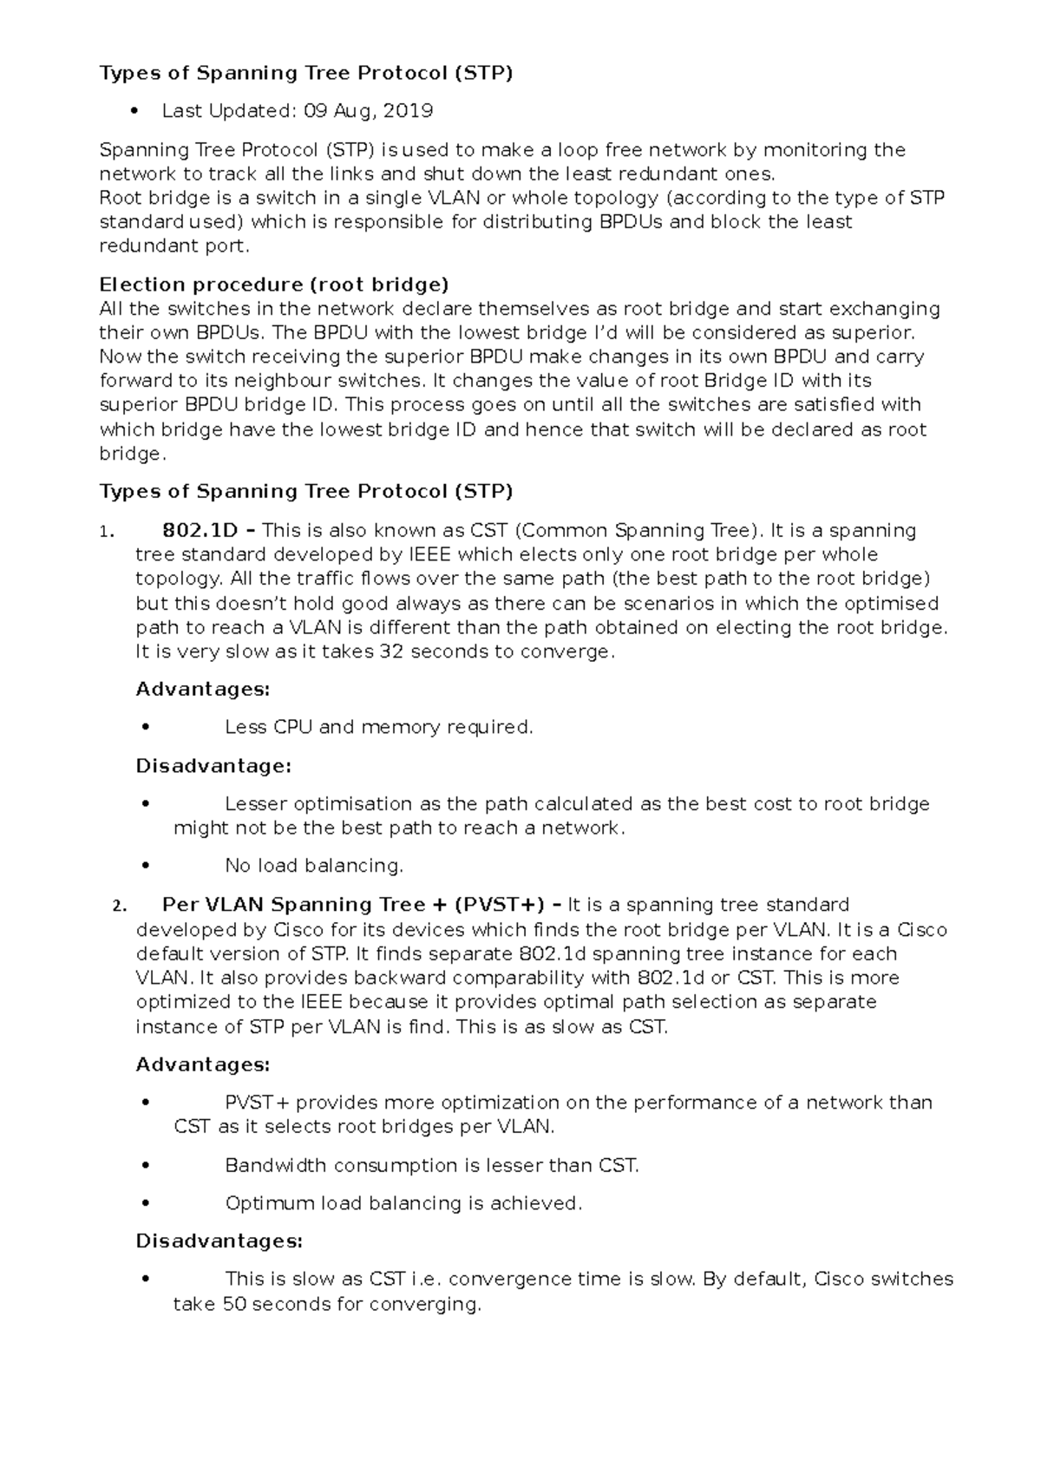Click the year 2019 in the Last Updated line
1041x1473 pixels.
click(408, 111)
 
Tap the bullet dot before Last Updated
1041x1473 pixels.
click(134, 111)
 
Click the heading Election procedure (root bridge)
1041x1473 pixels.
click(274, 285)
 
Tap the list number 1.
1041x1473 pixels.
click(104, 532)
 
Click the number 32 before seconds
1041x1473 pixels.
click(392, 651)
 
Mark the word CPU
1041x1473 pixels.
click(292, 727)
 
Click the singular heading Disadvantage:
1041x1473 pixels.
click(213, 766)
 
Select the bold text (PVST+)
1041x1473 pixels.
click(498, 905)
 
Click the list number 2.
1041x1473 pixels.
click(119, 907)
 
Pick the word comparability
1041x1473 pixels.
click(518, 978)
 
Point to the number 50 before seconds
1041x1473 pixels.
click(234, 1304)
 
